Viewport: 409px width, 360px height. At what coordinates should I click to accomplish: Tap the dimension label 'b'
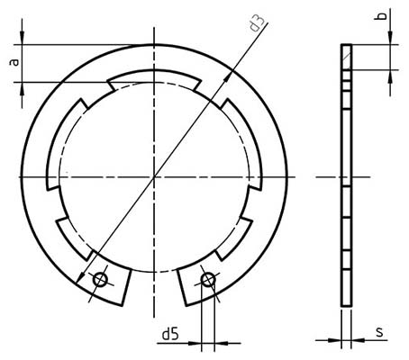tap(382, 17)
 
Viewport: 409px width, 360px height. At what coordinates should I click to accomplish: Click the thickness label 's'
tap(379, 332)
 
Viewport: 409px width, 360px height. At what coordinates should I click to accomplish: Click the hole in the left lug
tap(100, 281)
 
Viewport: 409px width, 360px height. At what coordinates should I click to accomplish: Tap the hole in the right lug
tap(208, 280)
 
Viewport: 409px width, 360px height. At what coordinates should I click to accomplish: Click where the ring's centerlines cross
tap(154, 176)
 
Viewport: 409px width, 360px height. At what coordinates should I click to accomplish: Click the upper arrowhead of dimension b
tap(390, 37)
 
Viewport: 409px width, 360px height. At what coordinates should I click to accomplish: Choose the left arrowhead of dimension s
tap(335, 341)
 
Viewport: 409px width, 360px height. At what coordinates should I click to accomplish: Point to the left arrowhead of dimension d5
tap(198, 341)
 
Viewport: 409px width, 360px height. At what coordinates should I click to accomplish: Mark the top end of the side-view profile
tap(346, 46)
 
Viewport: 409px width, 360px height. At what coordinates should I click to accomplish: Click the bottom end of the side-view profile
tap(346, 306)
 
